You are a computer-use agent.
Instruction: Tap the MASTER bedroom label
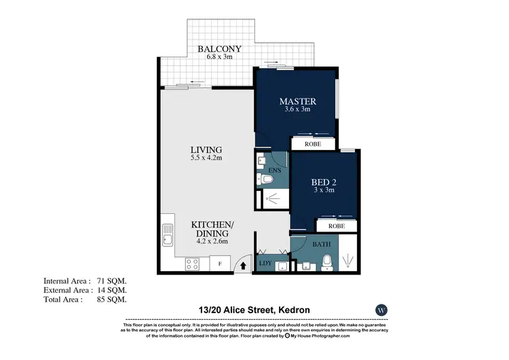[297, 102]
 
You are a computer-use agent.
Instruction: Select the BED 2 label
[324, 182]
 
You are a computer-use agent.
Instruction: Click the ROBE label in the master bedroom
[312, 144]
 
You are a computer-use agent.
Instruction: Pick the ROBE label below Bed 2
[336, 226]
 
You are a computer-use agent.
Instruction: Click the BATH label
[322, 243]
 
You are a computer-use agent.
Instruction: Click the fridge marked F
[219, 264]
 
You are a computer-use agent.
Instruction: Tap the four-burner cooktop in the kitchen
[191, 264]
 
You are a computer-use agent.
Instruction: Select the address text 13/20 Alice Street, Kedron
[254, 310]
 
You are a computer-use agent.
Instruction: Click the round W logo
[382, 310]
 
